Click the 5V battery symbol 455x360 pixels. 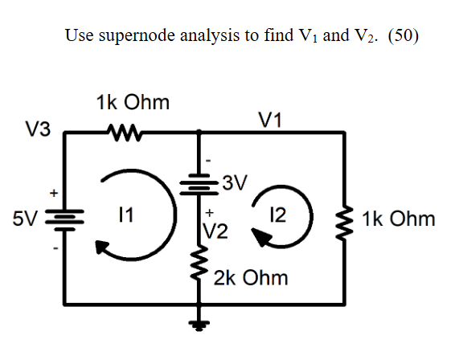[x=68, y=219]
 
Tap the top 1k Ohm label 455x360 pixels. [x=132, y=103]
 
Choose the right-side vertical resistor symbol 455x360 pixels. [x=346, y=219]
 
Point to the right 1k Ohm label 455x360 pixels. [x=399, y=219]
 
